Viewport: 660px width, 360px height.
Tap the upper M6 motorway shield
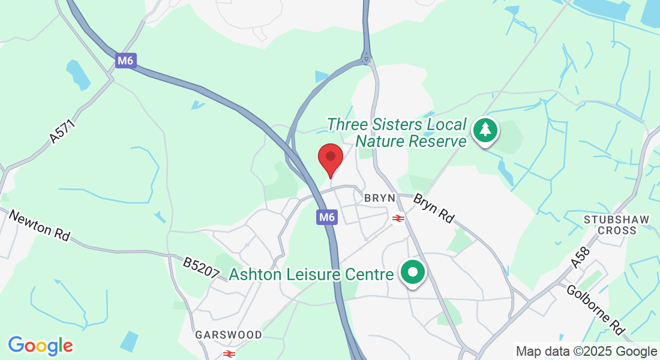pyautogui.click(x=125, y=61)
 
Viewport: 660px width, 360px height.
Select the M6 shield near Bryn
pyautogui.click(x=327, y=217)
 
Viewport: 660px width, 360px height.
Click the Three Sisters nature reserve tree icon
pyautogui.click(x=485, y=130)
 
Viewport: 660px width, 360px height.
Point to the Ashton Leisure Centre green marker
pyautogui.click(x=413, y=273)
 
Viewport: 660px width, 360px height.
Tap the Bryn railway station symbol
pyautogui.click(x=398, y=218)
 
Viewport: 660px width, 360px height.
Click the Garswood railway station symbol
pyautogui.click(x=228, y=353)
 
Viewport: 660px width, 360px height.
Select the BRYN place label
pyautogui.click(x=380, y=197)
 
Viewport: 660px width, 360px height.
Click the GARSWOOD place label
pyautogui.click(x=229, y=335)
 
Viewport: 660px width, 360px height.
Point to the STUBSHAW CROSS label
pyautogui.click(x=617, y=225)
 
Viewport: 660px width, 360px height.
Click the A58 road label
pyautogui.click(x=580, y=257)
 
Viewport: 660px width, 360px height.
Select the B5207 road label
pyautogui.click(x=201, y=268)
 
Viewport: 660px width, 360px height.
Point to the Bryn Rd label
pyautogui.click(x=433, y=209)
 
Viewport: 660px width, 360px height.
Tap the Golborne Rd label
pyautogui.click(x=596, y=310)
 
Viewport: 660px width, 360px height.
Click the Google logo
pyautogui.click(x=40, y=346)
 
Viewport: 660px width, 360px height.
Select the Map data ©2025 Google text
pyautogui.click(x=586, y=352)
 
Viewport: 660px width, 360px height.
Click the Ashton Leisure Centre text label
pyautogui.click(x=311, y=275)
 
